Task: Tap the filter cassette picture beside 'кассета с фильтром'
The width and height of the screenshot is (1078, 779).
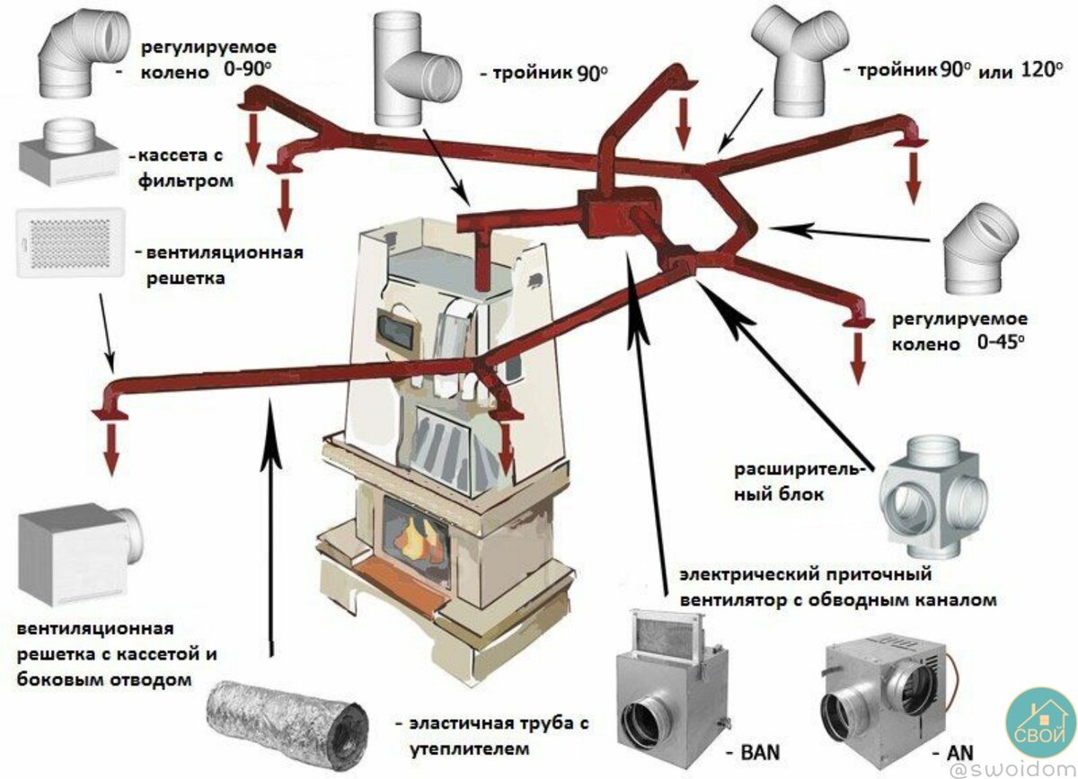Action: (x=67, y=154)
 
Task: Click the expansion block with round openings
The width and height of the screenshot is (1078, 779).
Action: (x=935, y=491)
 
